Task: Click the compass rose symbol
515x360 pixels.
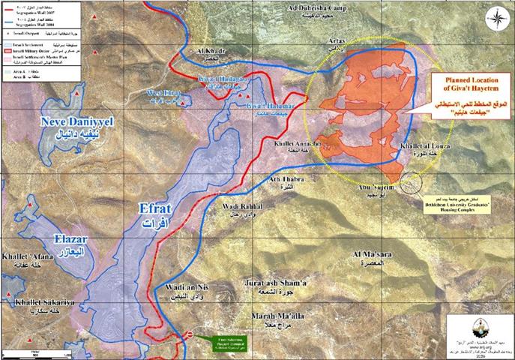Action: coord(495,16)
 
